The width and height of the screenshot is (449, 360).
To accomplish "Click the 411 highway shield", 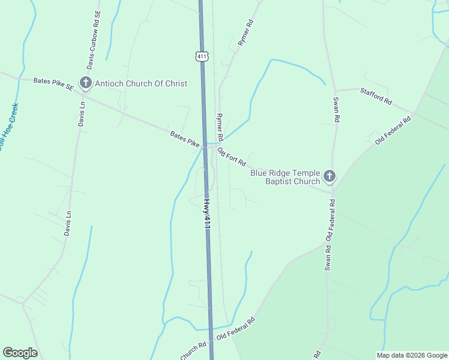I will point(202,56).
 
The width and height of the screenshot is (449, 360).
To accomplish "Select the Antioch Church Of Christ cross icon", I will point(86,83).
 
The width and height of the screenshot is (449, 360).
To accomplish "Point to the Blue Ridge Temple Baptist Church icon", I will point(329,176).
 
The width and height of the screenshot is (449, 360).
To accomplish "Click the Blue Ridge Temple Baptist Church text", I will point(285,177).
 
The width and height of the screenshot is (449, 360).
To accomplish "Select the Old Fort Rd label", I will point(232,157).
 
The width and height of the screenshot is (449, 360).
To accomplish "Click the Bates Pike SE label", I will point(53,83).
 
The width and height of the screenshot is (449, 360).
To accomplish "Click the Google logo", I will point(20,353).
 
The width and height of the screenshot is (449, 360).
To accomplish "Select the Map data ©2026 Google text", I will point(412,355).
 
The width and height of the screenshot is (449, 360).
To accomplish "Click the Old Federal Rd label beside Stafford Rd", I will point(393,130).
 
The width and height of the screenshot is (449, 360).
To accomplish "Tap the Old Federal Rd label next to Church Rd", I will point(236,329).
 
